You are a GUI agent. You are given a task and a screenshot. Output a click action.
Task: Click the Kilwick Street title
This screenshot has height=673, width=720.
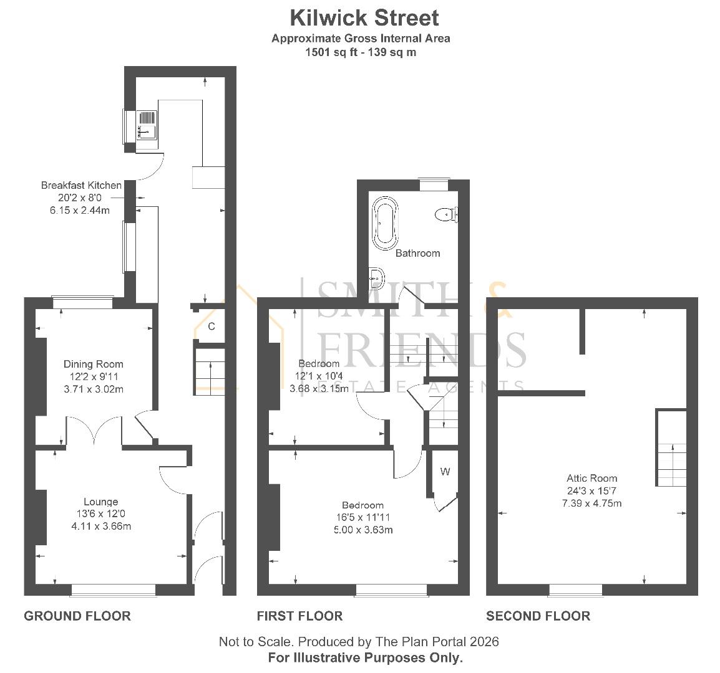(364, 17)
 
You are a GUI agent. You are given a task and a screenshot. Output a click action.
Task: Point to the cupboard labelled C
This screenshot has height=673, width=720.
(212, 326)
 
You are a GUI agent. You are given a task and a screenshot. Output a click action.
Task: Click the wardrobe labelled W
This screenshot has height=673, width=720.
(445, 472)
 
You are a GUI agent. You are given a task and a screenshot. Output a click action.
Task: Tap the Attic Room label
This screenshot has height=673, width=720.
(586, 478)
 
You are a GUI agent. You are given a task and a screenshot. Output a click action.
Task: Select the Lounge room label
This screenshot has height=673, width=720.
(101, 502)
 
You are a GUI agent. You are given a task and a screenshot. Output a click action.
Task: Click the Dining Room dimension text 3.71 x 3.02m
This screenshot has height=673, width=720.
(94, 389)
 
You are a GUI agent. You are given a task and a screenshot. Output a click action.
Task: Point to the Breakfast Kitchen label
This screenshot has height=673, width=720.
(81, 185)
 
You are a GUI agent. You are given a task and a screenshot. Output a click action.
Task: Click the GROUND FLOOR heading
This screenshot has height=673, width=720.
(77, 616)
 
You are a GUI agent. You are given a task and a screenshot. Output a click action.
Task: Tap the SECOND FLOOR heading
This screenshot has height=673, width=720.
(538, 616)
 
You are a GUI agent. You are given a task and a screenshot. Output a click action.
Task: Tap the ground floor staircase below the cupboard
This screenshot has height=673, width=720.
(210, 371)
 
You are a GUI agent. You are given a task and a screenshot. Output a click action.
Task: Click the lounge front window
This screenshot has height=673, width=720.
(113, 589)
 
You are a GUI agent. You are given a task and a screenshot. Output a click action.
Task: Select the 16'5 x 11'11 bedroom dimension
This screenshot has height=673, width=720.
(362, 517)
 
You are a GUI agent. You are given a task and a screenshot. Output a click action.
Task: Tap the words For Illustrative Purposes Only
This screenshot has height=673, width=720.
(366, 657)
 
